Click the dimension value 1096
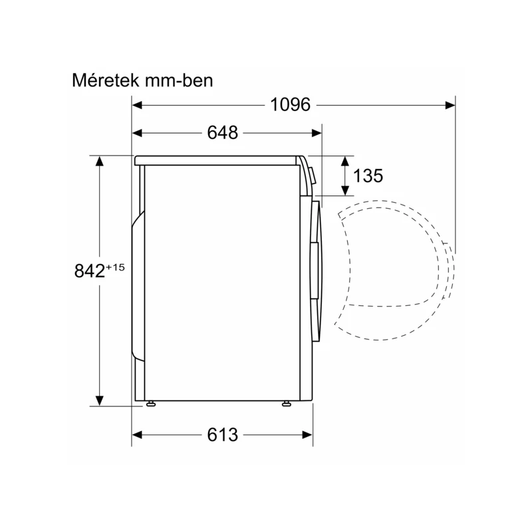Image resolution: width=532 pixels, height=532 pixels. pos(290,104)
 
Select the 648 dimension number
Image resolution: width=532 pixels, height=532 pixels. pos(223,132)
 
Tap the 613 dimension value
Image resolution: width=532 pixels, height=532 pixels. pos(223,435)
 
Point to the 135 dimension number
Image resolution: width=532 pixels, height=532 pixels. pos(368,176)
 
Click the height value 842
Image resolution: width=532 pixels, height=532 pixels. pos(90,271)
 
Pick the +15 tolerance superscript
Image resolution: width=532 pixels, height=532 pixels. pos(115,267)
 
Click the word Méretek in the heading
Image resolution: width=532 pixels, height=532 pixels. pos(106,80)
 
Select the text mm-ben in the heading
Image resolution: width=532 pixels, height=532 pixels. pos(179,80)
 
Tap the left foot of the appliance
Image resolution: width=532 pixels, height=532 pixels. pos(151,404)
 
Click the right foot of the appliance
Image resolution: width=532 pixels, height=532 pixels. pos(287,404)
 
